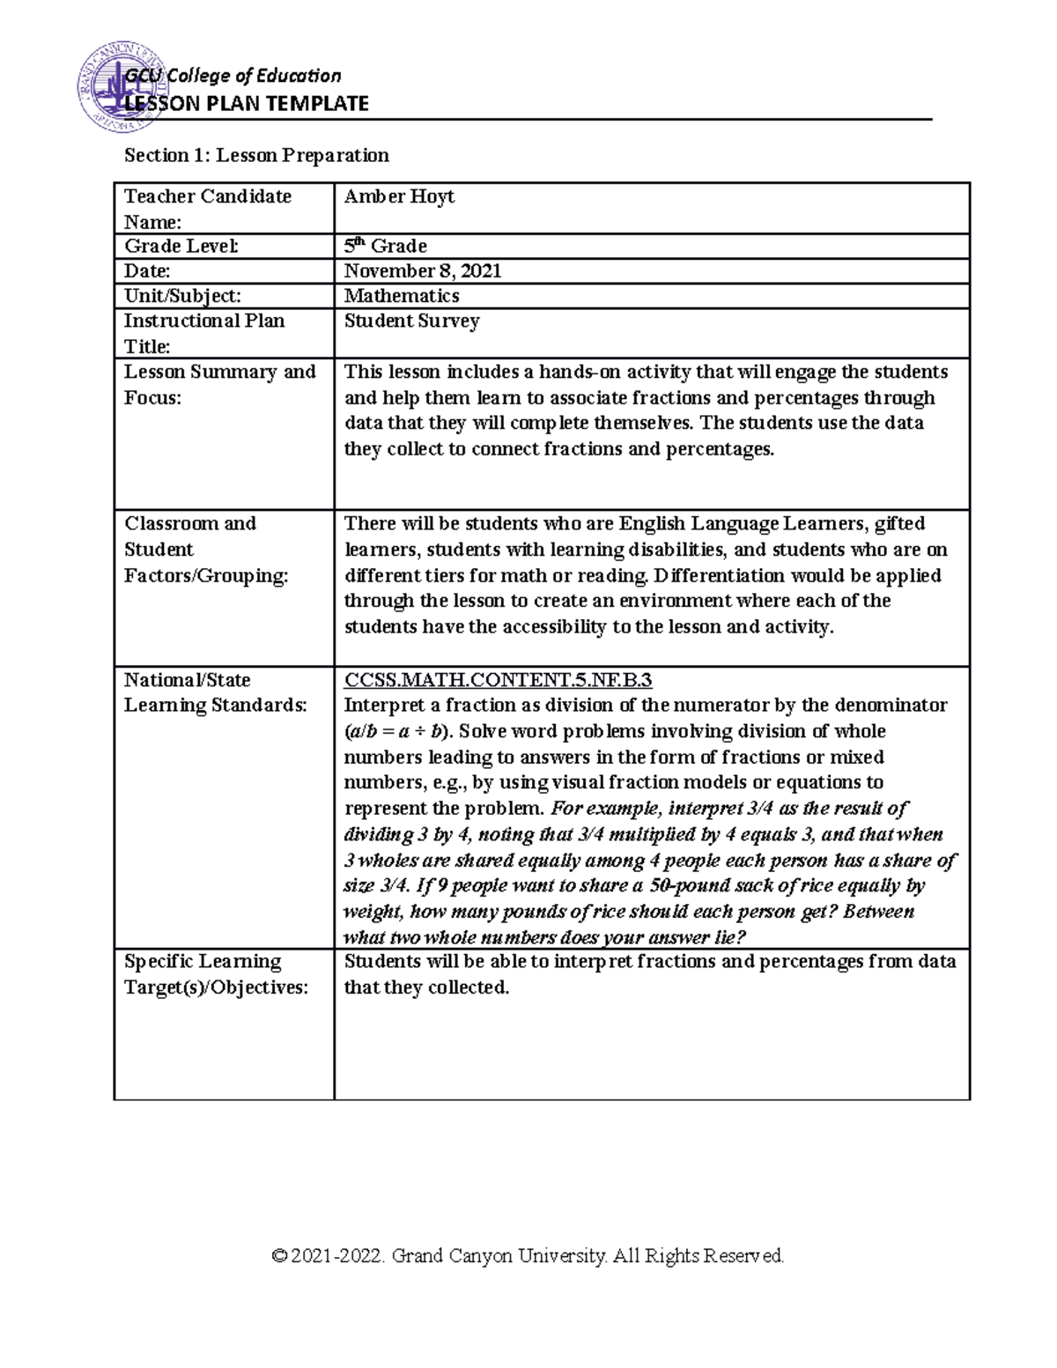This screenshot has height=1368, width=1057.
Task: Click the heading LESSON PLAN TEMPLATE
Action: point(247,104)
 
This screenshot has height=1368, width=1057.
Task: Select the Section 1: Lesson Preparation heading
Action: point(256,156)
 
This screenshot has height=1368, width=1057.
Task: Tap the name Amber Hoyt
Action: point(399,196)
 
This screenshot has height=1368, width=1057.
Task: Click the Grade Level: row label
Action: point(181,247)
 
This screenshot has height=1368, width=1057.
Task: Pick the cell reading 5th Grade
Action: point(385,246)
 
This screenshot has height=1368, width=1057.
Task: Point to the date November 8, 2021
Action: point(423,271)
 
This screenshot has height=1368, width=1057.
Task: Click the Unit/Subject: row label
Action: point(182,297)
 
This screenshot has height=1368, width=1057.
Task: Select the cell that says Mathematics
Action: point(402,296)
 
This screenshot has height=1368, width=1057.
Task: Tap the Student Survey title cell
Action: point(411,322)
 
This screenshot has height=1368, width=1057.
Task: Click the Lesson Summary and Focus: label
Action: point(219,385)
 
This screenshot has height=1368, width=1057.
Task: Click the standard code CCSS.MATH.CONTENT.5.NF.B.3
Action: point(498,680)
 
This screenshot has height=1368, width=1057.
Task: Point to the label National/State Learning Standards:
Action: point(215,692)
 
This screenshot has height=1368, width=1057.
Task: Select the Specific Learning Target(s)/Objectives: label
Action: point(216,974)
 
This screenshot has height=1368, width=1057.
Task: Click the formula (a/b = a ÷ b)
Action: point(397,732)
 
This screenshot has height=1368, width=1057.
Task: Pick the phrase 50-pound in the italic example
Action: point(688,886)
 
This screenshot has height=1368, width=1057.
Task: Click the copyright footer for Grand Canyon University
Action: point(528,1255)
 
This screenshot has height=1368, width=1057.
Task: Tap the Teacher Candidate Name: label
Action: point(208,209)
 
